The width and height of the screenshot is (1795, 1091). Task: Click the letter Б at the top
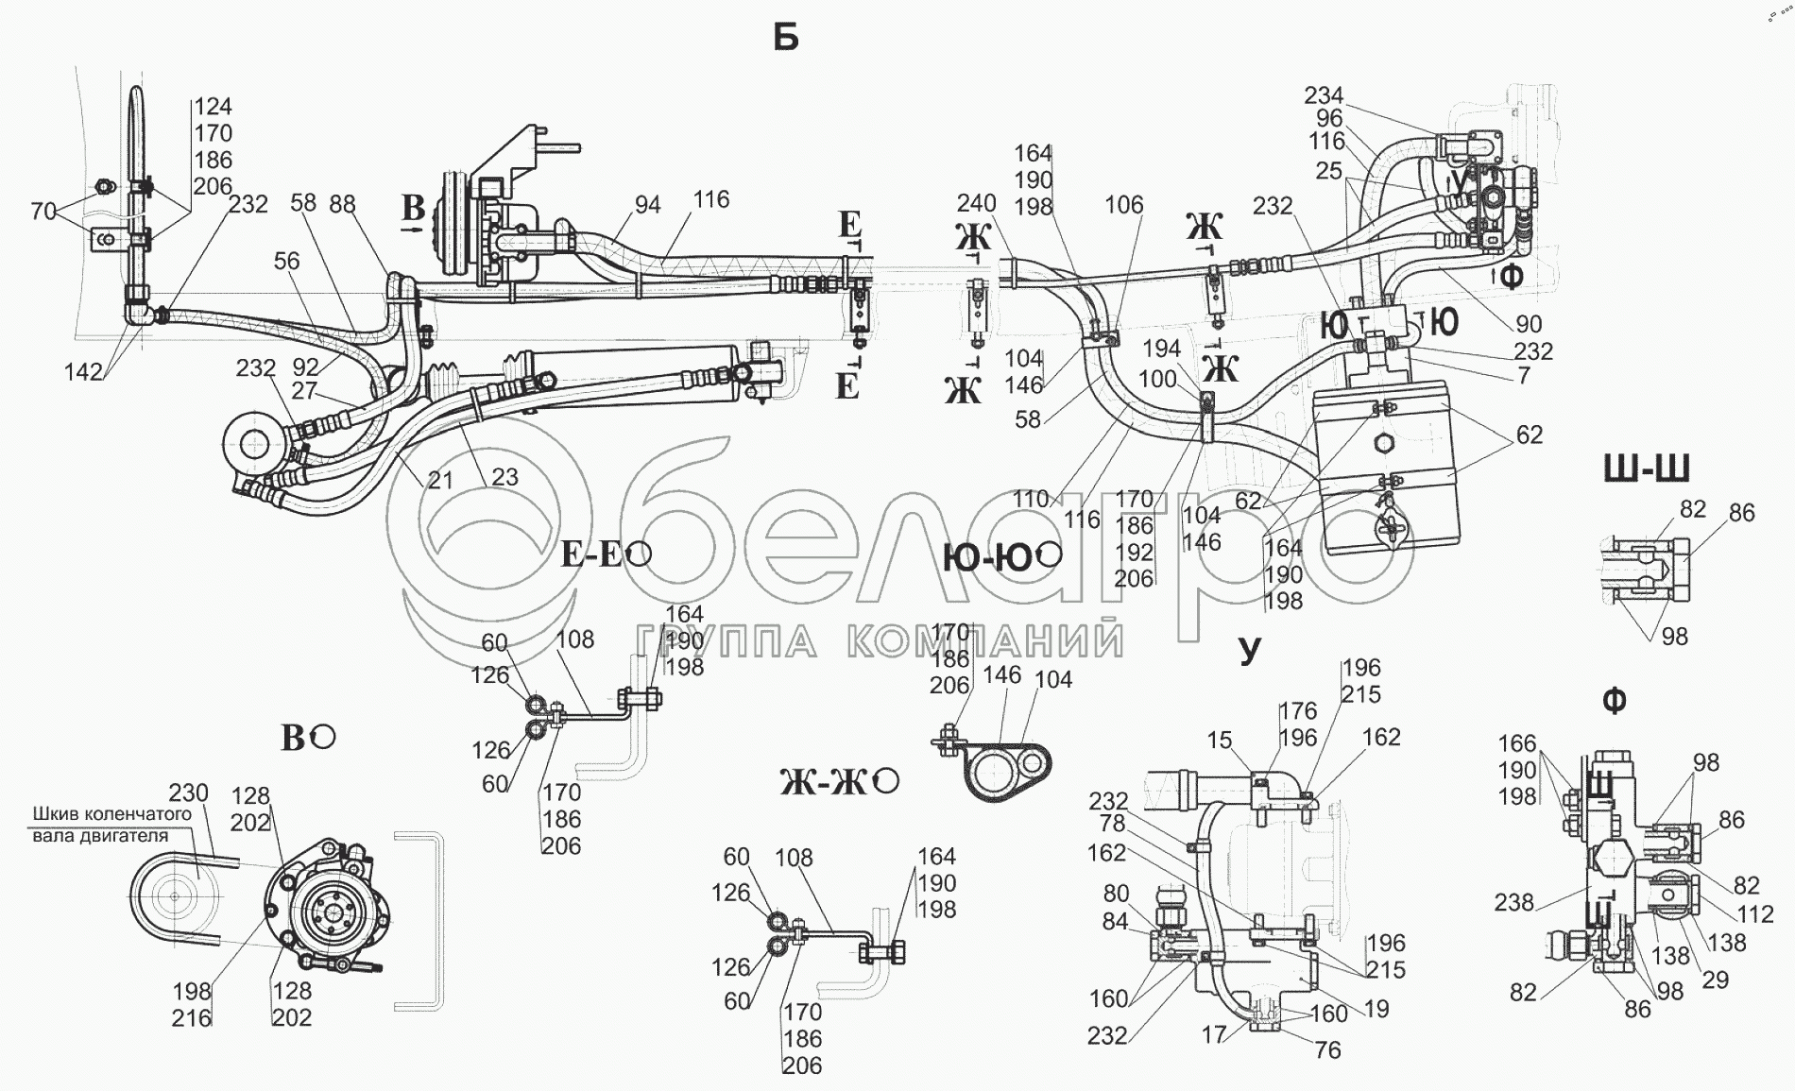tap(785, 38)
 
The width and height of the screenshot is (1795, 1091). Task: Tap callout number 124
tap(214, 107)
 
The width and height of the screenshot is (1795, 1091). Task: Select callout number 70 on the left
tap(43, 212)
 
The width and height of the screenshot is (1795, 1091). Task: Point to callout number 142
tap(83, 372)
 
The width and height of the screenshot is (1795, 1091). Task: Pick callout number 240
tap(976, 204)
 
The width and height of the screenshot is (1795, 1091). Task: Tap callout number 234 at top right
tap(1324, 95)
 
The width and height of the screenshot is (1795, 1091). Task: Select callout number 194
tap(1161, 350)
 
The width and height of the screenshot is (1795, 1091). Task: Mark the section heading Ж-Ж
tap(826, 782)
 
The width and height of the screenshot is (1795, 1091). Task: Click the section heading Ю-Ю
tap(988, 558)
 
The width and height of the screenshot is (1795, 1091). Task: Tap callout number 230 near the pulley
tap(188, 792)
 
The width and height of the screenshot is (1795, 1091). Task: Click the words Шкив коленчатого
tap(112, 814)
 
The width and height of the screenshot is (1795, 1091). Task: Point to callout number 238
tap(1513, 902)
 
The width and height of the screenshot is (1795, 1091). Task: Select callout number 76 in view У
tap(1327, 1049)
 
